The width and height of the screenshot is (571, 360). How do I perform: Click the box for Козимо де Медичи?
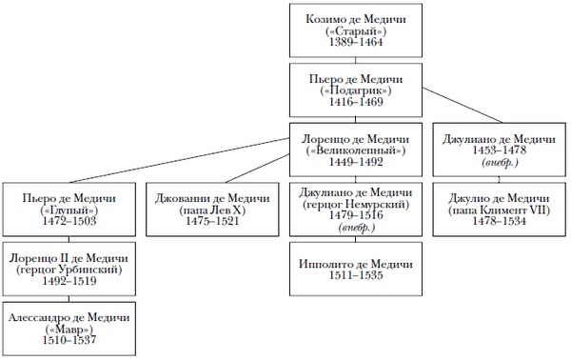pos(356,30)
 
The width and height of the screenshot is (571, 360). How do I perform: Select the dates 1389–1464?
pos(356,42)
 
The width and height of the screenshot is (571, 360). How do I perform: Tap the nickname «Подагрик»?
pos(356,90)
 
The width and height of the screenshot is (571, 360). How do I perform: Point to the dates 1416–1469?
pos(356,102)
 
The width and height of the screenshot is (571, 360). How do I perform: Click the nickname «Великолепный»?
pos(356,150)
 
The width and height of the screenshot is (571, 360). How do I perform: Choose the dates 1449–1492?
pos(356,162)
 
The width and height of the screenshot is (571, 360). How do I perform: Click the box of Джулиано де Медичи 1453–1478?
pos(500,150)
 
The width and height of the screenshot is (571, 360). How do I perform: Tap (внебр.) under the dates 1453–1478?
pos(500,162)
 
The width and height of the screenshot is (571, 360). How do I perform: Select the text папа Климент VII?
pos(500,210)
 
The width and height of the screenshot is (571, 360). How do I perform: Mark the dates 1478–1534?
pos(500,221)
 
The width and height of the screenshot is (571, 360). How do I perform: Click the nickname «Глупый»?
pos(69,210)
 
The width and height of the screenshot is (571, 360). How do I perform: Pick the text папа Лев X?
pos(212,210)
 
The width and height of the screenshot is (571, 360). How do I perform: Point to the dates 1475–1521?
pos(212,221)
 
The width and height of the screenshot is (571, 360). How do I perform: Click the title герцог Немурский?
pos(356,204)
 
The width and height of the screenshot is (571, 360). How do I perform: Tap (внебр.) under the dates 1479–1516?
pos(356,228)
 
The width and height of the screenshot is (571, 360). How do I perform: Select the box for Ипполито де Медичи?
pos(356,269)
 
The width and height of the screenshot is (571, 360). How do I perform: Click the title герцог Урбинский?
pos(69,270)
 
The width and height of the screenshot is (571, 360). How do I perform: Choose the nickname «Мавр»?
pos(69,330)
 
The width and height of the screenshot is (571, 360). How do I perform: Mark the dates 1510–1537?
pos(69,341)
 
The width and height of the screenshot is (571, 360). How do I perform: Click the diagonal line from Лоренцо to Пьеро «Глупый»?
pos(180,160)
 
